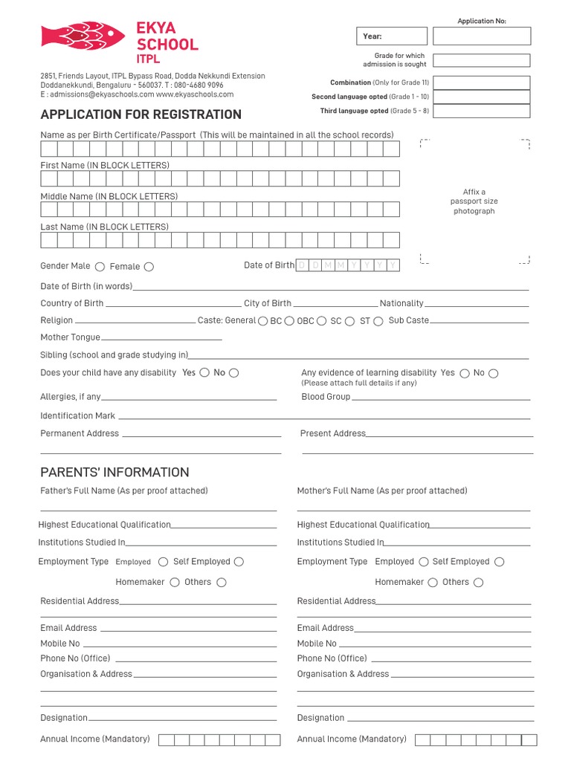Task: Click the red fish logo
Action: point(83,36)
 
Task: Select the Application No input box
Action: point(482,36)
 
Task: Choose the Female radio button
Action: point(149,267)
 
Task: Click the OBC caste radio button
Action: point(321,321)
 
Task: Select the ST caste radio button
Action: point(378,321)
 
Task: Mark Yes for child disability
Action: point(204,373)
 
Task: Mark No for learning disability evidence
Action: point(494,373)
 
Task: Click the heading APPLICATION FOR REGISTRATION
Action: point(141,114)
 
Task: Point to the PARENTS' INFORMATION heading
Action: point(114,473)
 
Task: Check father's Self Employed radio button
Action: point(239,562)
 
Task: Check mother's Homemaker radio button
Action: point(433,583)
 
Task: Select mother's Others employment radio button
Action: point(478,583)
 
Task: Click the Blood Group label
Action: point(326,397)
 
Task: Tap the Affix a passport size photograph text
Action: point(474,201)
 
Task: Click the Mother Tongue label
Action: point(70,337)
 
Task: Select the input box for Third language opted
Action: point(482,111)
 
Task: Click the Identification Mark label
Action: point(77,416)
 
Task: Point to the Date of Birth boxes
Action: point(348,265)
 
